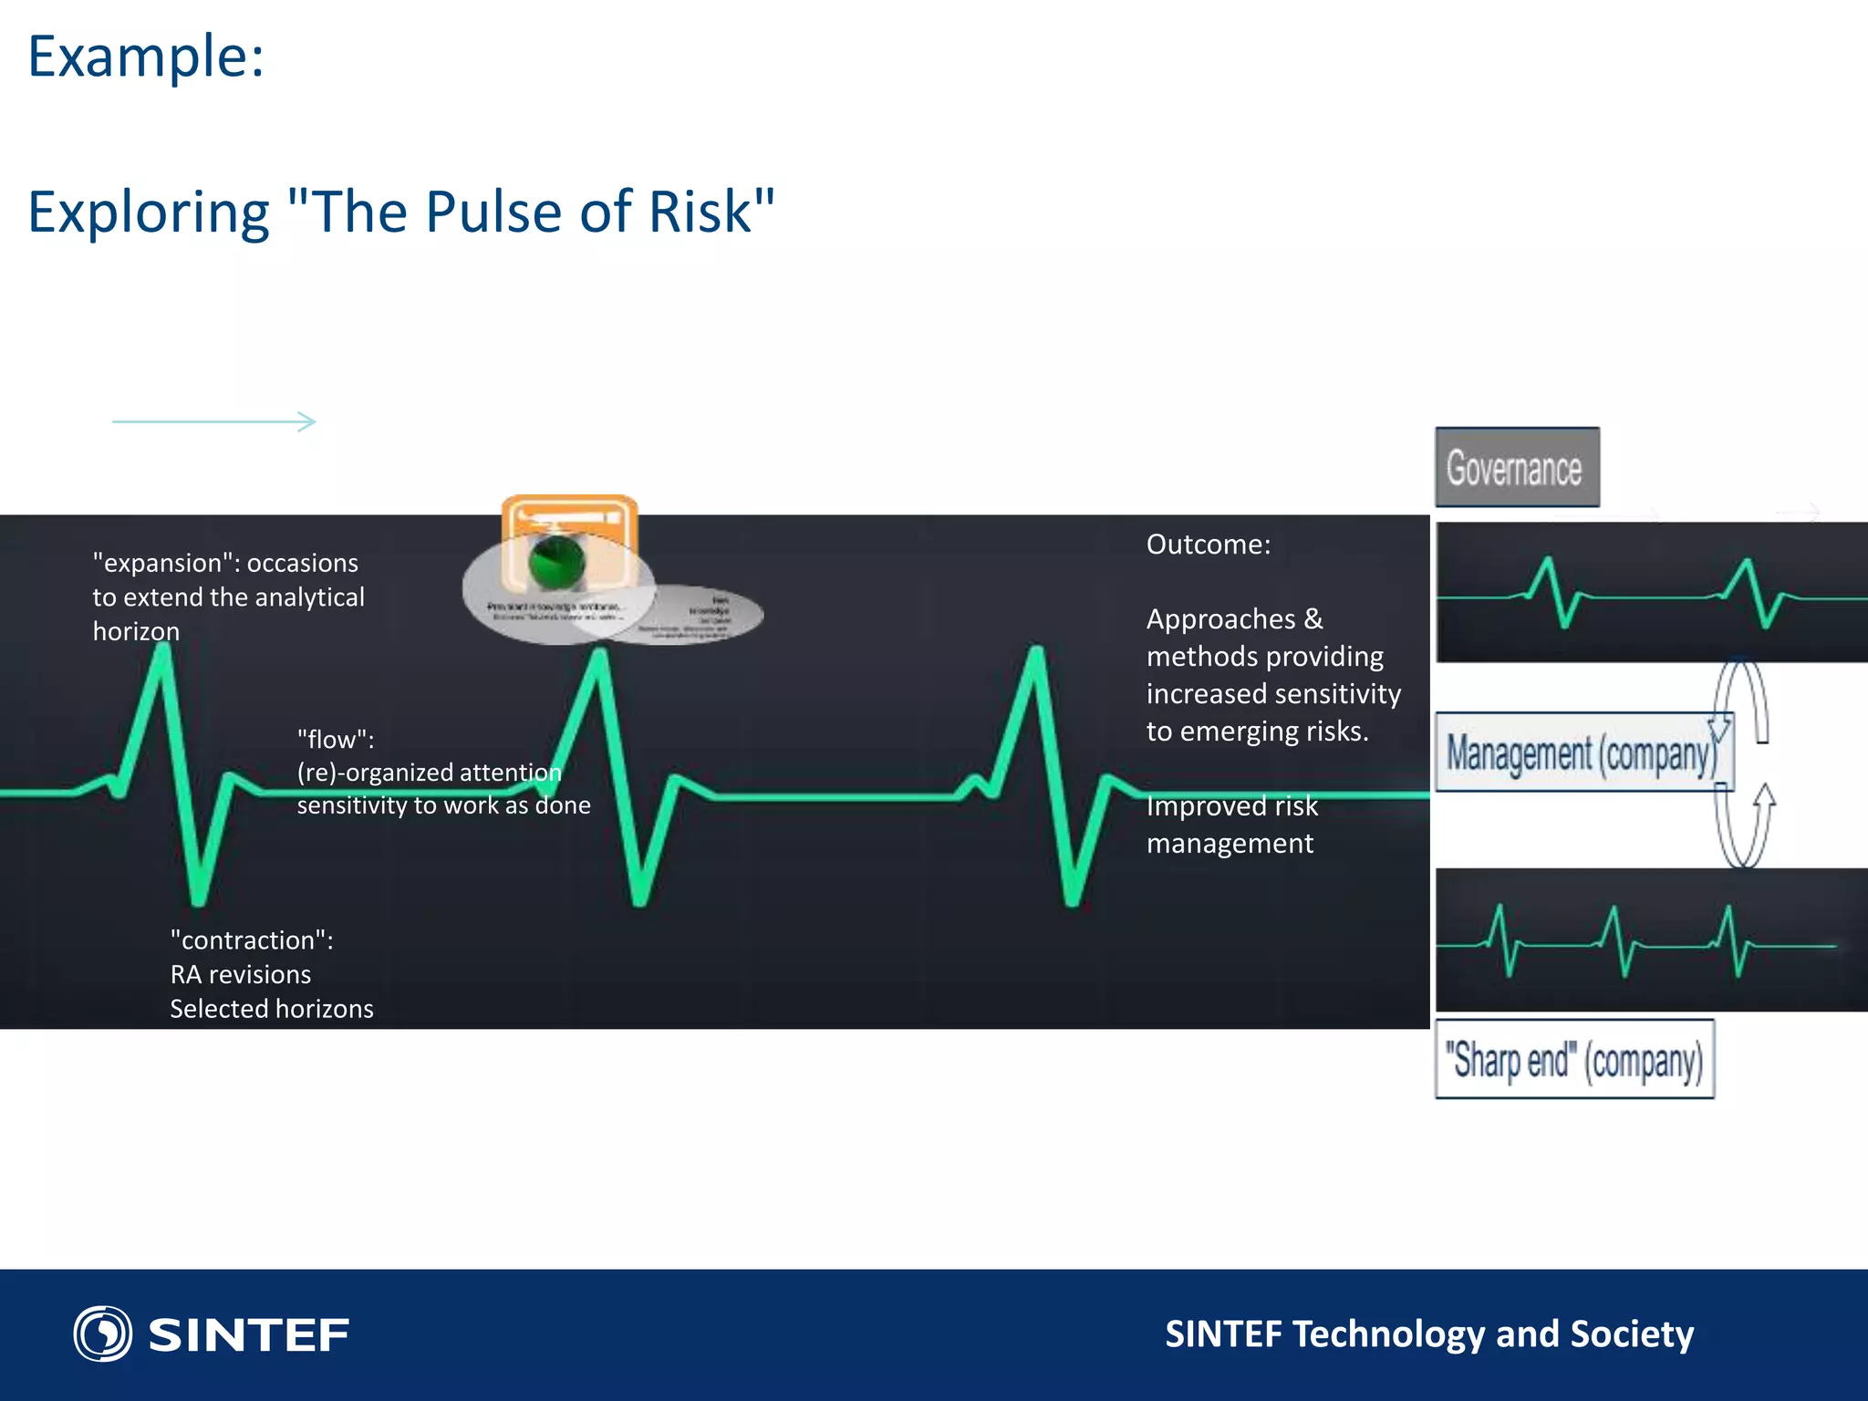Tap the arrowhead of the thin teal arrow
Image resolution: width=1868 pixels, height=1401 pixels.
click(309, 421)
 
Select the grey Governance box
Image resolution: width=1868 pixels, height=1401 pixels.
click(1516, 468)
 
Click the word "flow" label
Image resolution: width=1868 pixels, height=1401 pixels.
click(335, 739)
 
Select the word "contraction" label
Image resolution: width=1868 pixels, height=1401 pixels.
click(251, 940)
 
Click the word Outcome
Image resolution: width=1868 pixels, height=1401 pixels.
click(1207, 545)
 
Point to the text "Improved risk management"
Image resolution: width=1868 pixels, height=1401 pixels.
click(1230, 825)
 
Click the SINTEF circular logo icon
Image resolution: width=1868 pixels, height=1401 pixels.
click(102, 1334)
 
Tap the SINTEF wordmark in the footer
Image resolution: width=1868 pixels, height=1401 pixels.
click(248, 1335)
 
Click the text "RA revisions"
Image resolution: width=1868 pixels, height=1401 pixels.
click(240, 975)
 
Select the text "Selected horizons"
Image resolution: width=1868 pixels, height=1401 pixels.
click(271, 1009)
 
